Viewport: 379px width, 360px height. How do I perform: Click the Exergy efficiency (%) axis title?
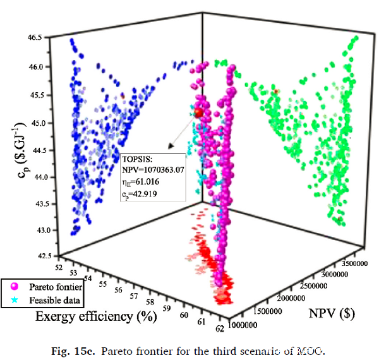click(95, 316)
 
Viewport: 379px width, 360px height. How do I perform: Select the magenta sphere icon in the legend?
click(11, 286)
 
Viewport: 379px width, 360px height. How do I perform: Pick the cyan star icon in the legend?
click(11, 298)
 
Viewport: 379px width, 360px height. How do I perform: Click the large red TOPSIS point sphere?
click(199, 113)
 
